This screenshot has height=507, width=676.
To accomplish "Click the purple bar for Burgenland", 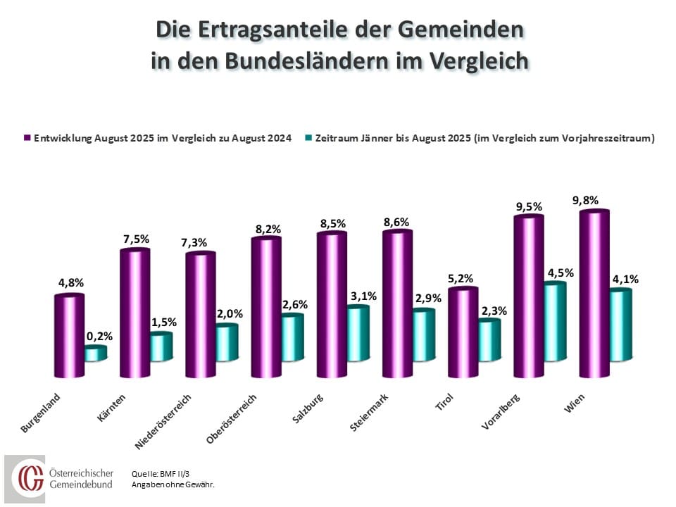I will click(x=69, y=337).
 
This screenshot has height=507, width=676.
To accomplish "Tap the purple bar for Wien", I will click(x=594, y=294).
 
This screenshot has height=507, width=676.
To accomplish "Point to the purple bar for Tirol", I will click(x=463, y=333).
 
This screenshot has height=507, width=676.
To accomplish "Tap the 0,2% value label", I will click(x=99, y=336).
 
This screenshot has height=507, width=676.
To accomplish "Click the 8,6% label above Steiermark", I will click(x=396, y=220).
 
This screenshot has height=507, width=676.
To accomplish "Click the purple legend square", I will click(x=27, y=138).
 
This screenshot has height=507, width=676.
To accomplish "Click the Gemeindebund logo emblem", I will click(x=30, y=478).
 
